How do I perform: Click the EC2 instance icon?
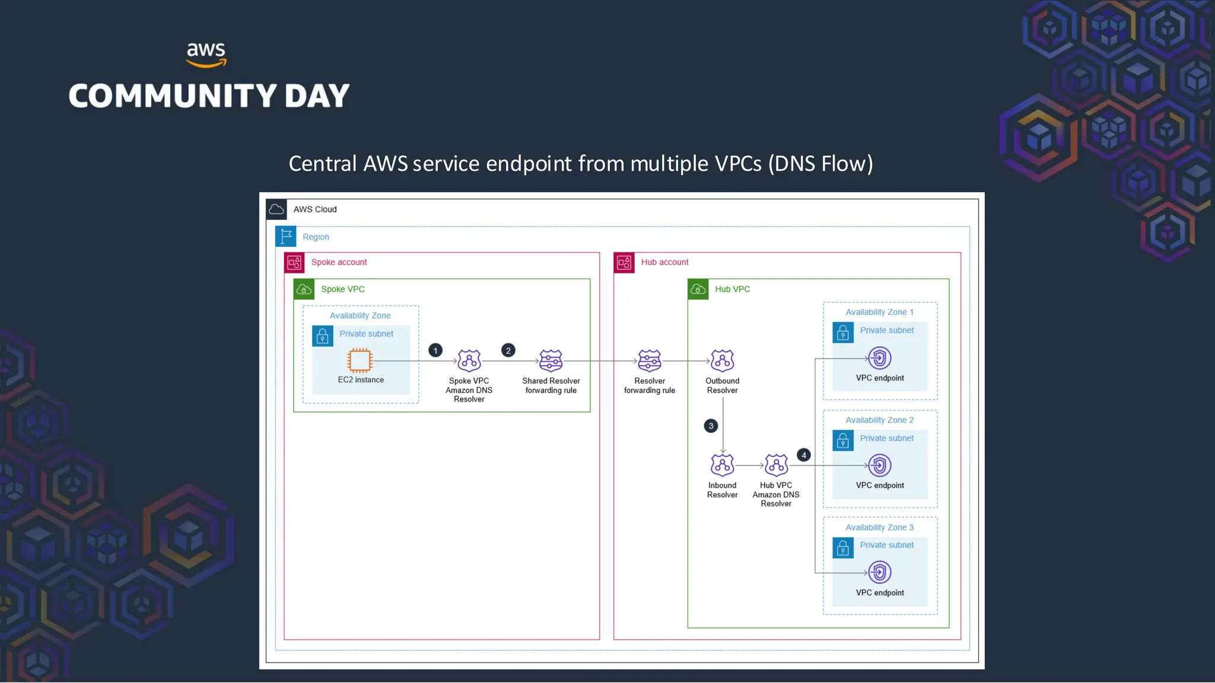pyautogui.click(x=360, y=360)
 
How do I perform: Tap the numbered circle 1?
pyautogui.click(x=435, y=350)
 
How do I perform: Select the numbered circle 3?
pyautogui.click(x=711, y=426)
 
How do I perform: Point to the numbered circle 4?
pyautogui.click(x=804, y=455)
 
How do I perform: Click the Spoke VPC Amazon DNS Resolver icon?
pyautogui.click(x=469, y=360)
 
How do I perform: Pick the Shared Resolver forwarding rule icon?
pyautogui.click(x=551, y=360)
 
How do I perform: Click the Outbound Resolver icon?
pyautogui.click(x=722, y=360)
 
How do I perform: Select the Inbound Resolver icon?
pyautogui.click(x=722, y=465)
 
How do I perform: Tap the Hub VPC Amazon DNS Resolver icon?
pyautogui.click(x=776, y=465)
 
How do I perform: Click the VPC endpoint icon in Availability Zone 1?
pyautogui.click(x=880, y=358)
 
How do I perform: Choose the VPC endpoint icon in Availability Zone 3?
pyautogui.click(x=880, y=573)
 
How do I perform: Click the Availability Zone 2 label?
pyautogui.click(x=879, y=420)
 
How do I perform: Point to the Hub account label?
pyautogui.click(x=664, y=262)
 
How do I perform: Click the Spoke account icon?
pyautogui.click(x=294, y=263)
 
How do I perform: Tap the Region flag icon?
pyautogui.click(x=286, y=237)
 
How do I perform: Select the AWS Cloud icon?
pyautogui.click(x=276, y=209)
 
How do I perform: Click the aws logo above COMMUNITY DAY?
pyautogui.click(x=206, y=55)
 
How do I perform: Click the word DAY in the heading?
pyautogui.click(x=317, y=96)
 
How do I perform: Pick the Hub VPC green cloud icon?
pyautogui.click(x=698, y=289)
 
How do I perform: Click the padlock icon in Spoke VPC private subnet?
pyautogui.click(x=323, y=336)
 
